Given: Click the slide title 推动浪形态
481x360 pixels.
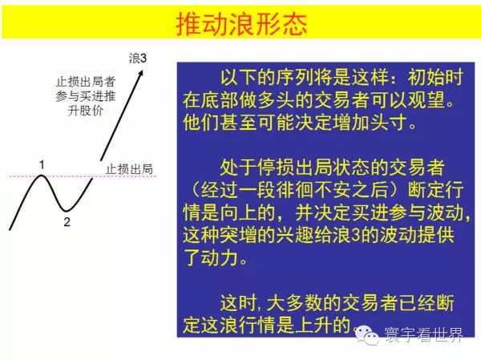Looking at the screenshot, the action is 242,24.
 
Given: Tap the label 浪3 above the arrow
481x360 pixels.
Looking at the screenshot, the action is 138,58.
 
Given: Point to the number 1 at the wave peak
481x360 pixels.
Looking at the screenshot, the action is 42,165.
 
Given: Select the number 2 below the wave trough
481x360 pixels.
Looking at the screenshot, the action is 67,222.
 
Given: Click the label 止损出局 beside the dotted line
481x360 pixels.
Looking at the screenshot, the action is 129,169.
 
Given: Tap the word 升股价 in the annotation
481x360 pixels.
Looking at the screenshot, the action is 85,111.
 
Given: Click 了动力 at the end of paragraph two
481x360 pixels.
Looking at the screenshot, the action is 210,258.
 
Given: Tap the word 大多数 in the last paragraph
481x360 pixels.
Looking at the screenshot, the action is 295,303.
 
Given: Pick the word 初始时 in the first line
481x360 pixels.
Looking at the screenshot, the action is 435,77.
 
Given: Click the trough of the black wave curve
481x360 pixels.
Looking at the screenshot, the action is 66,210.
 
